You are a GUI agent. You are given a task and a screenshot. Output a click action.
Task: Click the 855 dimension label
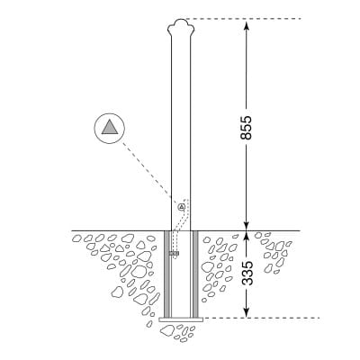pos(247,127)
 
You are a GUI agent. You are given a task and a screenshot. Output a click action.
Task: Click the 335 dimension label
pos(247,273)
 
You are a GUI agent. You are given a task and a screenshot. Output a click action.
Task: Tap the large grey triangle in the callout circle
pos(109,127)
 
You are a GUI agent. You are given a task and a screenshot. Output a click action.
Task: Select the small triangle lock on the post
pos(181,207)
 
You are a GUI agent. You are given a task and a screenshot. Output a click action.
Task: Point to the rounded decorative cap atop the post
pos(181,26)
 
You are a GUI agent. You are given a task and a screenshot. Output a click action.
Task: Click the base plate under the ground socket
pos(181,319)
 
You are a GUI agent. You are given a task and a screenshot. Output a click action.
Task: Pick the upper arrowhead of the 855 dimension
pos(247,24)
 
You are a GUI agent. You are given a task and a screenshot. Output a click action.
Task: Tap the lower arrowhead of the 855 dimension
pos(247,226)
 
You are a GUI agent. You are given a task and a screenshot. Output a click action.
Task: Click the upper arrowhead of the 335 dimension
pos(247,236)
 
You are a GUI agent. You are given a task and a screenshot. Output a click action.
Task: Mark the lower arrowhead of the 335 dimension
pos(247,312)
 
